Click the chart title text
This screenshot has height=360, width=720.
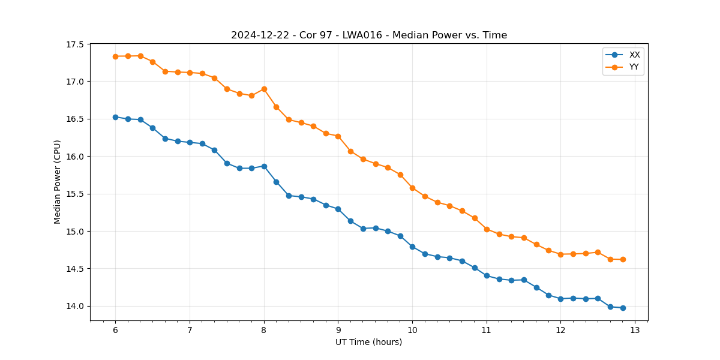(x=369, y=35)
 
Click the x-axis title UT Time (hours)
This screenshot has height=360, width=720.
(x=368, y=342)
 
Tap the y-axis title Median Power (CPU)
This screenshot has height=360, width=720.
(x=58, y=182)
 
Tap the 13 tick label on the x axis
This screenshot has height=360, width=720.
(x=635, y=331)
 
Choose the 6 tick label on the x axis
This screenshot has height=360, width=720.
(x=115, y=331)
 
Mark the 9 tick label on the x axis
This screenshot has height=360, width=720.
(x=338, y=331)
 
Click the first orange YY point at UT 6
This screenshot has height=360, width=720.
(x=115, y=56)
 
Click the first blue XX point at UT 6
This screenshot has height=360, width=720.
(x=115, y=117)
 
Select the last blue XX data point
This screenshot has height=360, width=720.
(x=623, y=308)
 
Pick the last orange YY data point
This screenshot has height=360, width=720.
(x=623, y=259)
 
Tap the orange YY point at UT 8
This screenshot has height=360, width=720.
(x=264, y=89)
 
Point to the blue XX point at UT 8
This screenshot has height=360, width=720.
(x=264, y=166)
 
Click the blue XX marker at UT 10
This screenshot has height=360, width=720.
(x=412, y=247)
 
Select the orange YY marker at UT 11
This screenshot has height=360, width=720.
(x=487, y=229)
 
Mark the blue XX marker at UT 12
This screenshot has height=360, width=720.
(x=560, y=299)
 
